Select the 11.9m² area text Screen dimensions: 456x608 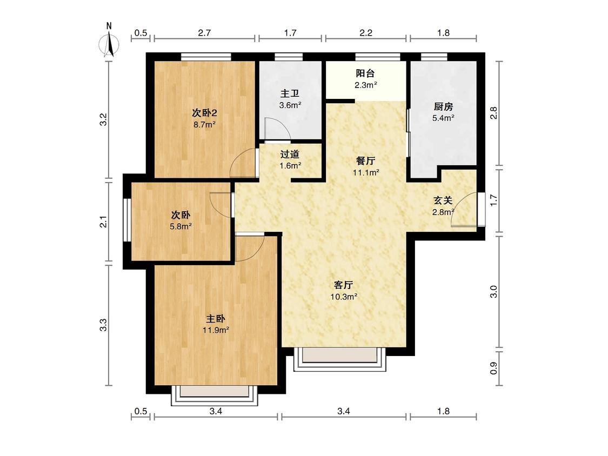click(215, 330)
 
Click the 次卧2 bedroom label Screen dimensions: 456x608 click(204, 113)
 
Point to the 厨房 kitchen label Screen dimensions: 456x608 click(443, 106)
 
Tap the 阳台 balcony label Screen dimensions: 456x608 click(365, 74)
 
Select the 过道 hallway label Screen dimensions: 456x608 click(290, 154)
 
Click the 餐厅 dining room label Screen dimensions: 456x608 click(366, 160)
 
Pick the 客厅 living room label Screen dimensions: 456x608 click(344, 285)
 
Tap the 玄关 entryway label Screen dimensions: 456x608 click(443, 200)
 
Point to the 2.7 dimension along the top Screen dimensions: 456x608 click(204, 33)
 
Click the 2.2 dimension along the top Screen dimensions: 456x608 click(366, 33)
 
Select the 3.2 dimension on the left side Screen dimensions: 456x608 click(104, 119)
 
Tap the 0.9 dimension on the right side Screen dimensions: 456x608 click(493, 367)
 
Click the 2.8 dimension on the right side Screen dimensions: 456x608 click(493, 113)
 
